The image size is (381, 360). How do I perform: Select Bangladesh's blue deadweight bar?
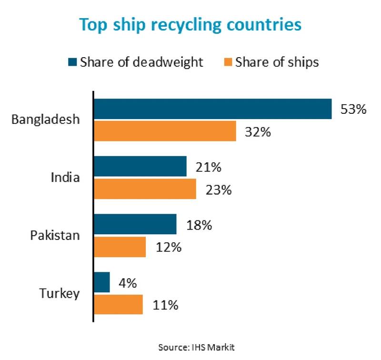point(212,109)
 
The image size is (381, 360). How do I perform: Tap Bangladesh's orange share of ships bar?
point(165,131)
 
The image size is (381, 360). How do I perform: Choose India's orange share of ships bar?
point(145,189)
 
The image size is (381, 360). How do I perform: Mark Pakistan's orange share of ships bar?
point(120,247)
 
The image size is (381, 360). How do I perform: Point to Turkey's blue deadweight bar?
point(102,282)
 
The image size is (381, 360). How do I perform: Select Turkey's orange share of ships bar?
point(119,304)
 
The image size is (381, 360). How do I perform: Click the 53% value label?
point(353,110)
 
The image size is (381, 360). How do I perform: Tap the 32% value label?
point(258,131)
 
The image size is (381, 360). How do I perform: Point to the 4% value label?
point(127,283)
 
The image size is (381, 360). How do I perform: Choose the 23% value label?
point(218,190)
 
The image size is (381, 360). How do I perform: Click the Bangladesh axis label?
point(45,120)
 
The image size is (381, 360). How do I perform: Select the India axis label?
point(65,178)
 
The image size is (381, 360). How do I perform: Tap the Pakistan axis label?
point(54,236)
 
